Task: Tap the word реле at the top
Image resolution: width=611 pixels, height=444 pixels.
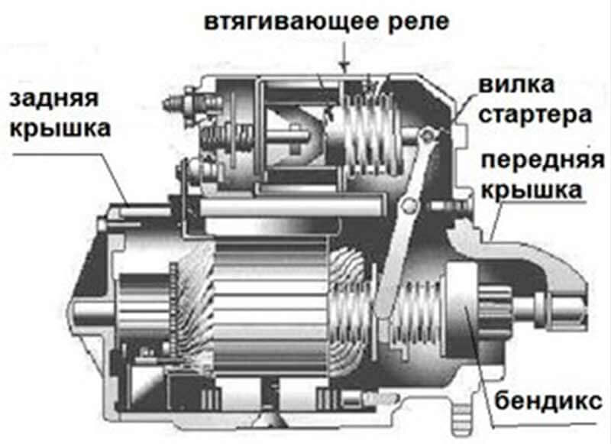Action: pyautogui.click(x=419, y=23)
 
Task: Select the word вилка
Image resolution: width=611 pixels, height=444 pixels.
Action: pyautogui.click(x=516, y=84)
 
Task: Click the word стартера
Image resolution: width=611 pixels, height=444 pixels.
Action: pyautogui.click(x=535, y=115)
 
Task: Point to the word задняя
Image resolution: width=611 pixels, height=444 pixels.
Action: pyautogui.click(x=53, y=99)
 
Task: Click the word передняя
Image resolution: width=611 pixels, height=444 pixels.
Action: pyautogui.click(x=543, y=160)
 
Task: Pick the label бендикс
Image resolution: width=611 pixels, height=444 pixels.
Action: pyautogui.click(x=548, y=400)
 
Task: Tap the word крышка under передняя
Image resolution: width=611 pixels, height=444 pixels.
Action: pyautogui.click(x=532, y=190)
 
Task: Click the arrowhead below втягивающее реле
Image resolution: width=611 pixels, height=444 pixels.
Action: pyautogui.click(x=344, y=67)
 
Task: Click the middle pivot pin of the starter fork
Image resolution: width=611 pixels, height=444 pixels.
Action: pyautogui.click(x=409, y=204)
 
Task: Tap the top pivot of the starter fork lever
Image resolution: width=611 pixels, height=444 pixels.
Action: pyautogui.click(x=428, y=134)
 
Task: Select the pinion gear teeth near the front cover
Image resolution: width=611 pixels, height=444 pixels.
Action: pyautogui.click(x=495, y=309)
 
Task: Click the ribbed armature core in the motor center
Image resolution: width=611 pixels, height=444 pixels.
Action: pyautogui.click(x=271, y=307)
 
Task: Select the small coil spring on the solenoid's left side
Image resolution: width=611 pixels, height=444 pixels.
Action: pyautogui.click(x=225, y=138)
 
